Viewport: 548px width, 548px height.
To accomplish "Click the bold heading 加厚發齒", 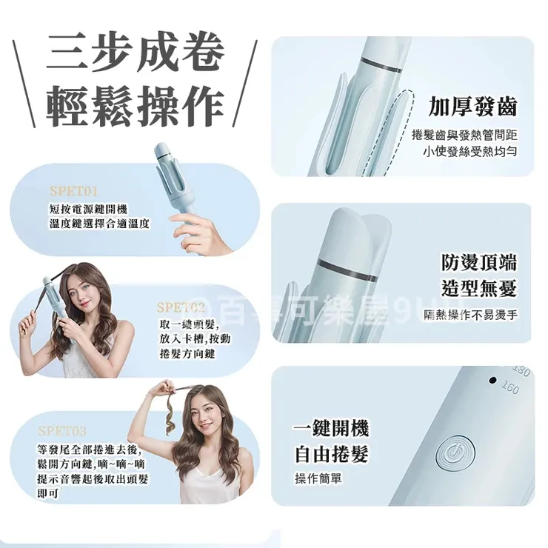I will [472, 107].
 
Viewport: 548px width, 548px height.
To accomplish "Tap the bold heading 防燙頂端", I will [479, 263].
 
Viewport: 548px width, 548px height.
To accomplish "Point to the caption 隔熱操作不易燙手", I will [471, 316].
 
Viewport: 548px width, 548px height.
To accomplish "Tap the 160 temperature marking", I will [509, 387].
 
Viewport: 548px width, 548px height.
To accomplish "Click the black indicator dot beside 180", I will [492, 381].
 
